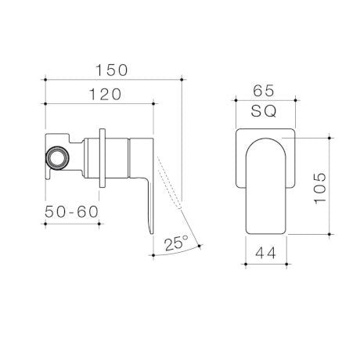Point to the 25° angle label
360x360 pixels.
coord(176,243)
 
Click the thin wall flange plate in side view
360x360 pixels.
coord(103,157)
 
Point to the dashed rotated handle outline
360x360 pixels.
coord(172,188)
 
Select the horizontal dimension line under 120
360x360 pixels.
coord(99,104)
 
